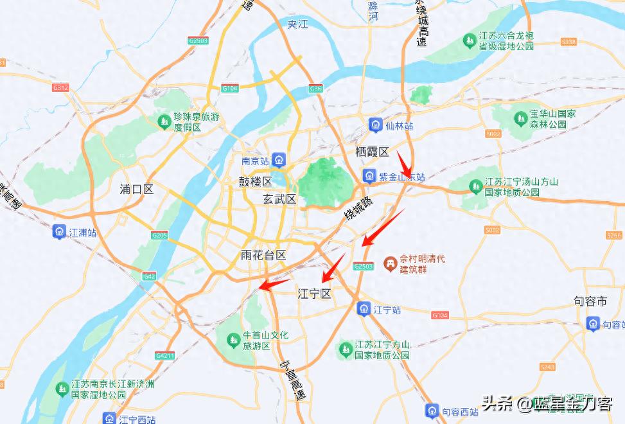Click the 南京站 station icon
(x=279, y=159)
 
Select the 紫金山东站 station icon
(x=369, y=175)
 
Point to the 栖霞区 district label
(x=373, y=152)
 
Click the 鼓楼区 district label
(x=256, y=182)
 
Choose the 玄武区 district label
(x=280, y=199)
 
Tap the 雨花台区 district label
(x=263, y=255)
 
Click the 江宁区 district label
(x=315, y=294)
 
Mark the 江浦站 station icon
(x=59, y=232)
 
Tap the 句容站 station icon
(x=592, y=324)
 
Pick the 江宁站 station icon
(x=364, y=309)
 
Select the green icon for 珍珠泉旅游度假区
(x=164, y=120)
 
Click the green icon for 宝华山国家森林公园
(x=520, y=118)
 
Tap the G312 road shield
(x=60, y=87)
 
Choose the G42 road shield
(x=150, y=276)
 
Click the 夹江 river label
(x=298, y=24)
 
